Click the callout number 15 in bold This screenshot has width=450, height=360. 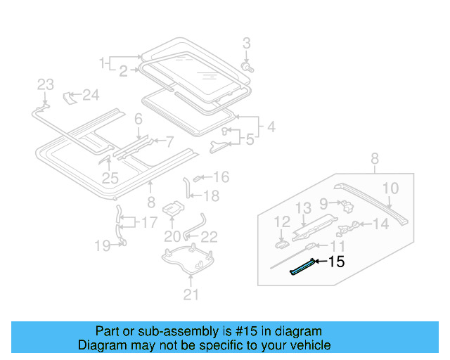coord(337,262)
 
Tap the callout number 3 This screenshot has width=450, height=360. coord(246,44)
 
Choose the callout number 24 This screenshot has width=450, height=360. coord(91,94)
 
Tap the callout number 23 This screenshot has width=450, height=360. coord(45,85)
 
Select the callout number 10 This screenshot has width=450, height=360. coord(390,188)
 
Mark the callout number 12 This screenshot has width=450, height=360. coord(281,222)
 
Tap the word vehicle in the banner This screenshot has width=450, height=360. coord(312,345)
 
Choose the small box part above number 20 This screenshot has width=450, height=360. coord(173,209)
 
